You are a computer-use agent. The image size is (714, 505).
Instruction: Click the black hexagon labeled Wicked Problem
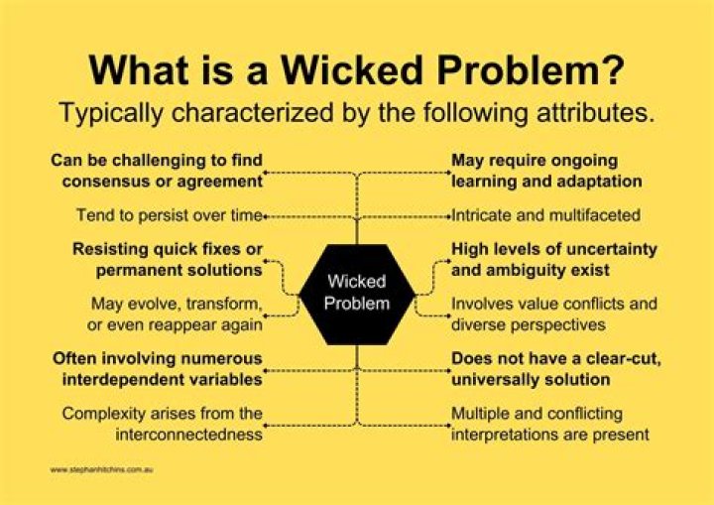click(x=356, y=294)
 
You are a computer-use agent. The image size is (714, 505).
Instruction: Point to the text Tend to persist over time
click(x=170, y=214)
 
